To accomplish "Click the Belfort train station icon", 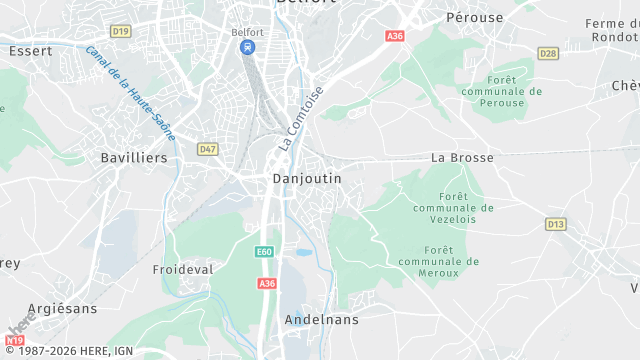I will tap(247, 47).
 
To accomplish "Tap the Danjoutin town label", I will tap(307, 178).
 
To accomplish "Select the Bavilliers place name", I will tap(134, 157).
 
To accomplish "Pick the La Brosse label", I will tap(463, 157).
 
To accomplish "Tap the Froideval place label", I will tap(183, 270).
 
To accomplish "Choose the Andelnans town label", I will tap(321, 320).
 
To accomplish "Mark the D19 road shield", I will tap(121, 31).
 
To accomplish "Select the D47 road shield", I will tap(207, 149).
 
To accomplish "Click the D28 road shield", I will tap(547, 53).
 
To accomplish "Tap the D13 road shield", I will tap(556, 224).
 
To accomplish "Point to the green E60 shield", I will tap(264, 251).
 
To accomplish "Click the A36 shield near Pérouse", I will tap(395, 36).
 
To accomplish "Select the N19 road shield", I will tap(14, 342).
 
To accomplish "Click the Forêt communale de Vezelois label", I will tap(454, 208).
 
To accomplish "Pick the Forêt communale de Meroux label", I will tap(439, 261).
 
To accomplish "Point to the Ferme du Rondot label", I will tap(612, 30).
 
